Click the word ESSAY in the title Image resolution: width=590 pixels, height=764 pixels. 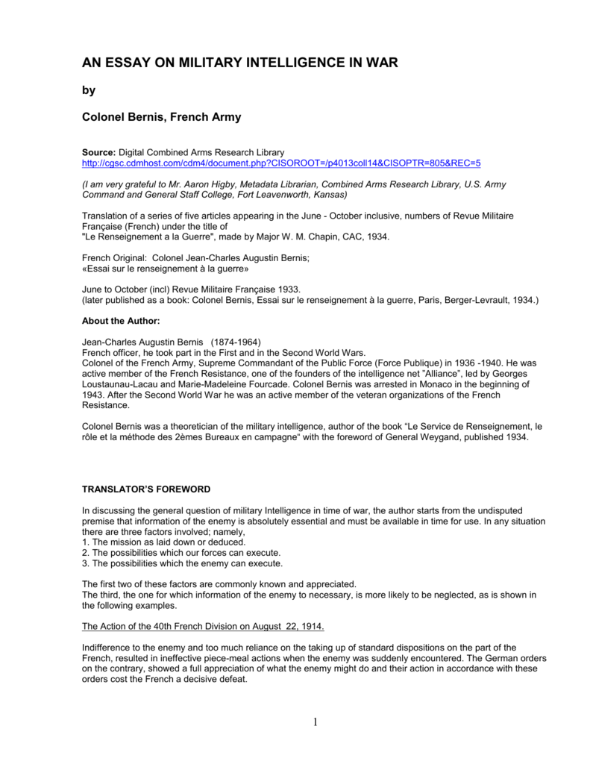click(131, 63)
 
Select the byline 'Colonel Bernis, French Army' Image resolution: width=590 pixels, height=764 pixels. click(161, 117)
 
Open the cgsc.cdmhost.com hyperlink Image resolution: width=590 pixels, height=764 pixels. click(281, 162)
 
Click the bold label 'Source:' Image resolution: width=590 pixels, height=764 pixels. click(98, 152)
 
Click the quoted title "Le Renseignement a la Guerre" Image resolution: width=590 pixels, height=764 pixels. click(150, 236)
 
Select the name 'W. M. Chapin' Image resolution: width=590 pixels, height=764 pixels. click(315, 236)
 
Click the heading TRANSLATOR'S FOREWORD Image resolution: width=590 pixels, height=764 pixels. click(145, 489)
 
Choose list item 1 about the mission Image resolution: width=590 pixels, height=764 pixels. click(163, 542)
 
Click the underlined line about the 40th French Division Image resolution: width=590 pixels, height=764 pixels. click(203, 625)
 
